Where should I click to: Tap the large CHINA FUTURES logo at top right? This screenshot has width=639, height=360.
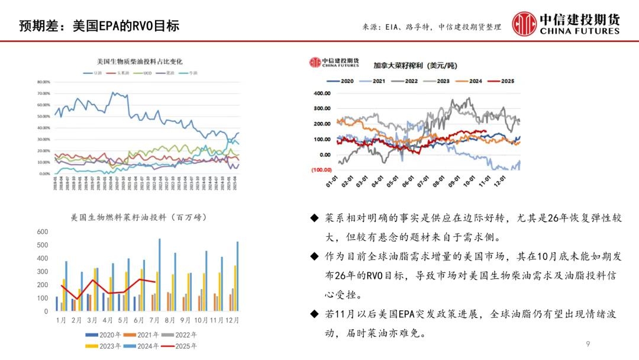coord(566,23)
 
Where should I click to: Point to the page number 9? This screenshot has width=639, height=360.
coord(588,344)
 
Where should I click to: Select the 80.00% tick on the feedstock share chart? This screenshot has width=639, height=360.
coord(44,82)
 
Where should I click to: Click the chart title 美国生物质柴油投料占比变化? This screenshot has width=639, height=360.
coord(140,61)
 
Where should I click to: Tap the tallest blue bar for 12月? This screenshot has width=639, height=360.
coord(237,276)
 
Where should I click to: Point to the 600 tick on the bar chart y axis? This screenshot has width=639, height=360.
coord(42,231)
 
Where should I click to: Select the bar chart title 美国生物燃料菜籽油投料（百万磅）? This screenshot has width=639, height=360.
coord(139,217)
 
